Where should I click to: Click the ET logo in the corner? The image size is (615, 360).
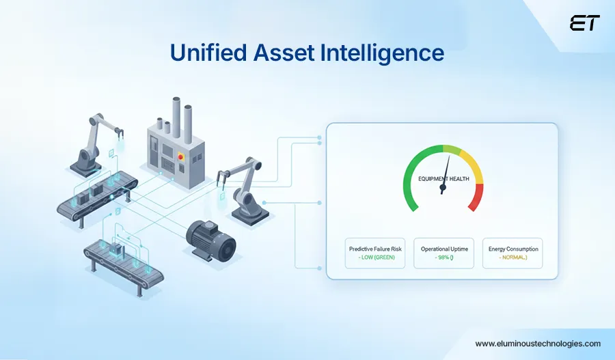[584, 24]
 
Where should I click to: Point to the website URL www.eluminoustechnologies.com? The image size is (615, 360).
[538, 344]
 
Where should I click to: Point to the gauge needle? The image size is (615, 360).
[446, 174]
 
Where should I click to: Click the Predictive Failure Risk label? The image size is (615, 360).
[375, 249]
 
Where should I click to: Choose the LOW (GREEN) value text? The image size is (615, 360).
[375, 258]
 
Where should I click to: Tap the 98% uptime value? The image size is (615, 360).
[443, 258]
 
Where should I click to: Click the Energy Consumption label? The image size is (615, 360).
[512, 249]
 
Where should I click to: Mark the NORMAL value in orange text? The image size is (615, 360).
[512, 258]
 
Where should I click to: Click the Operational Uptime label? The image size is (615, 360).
[443, 249]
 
